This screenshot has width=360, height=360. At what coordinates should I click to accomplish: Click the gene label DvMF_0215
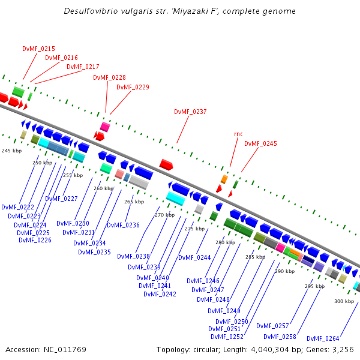38,49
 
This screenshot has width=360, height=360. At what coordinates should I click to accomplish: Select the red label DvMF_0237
190,112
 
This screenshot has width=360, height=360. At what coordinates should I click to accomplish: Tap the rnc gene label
238,134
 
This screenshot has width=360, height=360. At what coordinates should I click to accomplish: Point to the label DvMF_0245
260,144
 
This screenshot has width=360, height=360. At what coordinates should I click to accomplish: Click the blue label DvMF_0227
61,199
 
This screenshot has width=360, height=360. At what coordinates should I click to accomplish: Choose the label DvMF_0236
123,225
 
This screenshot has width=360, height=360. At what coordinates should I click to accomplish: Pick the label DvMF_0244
194,257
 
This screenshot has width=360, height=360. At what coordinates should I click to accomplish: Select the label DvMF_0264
323,338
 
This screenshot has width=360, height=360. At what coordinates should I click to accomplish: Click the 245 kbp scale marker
12,151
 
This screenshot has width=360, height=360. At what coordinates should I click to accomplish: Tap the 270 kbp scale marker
164,215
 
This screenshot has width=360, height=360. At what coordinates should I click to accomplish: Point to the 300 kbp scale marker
344,301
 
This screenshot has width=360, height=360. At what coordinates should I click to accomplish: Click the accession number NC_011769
65,350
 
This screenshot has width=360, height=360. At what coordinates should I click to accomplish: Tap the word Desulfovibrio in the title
91,11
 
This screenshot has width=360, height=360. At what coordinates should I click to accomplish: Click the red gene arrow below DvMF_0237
166,164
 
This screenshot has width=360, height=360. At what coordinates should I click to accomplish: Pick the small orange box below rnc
224,179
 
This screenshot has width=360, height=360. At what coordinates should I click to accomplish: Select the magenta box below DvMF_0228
105,127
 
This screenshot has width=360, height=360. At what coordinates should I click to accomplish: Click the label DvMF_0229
133,87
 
